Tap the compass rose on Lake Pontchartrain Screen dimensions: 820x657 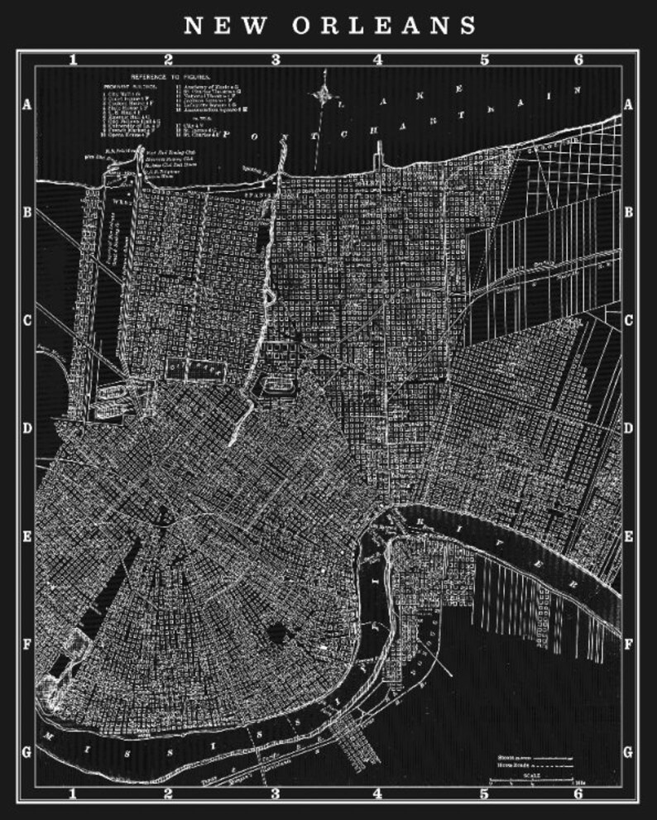322,95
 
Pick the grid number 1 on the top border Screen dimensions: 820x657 73,59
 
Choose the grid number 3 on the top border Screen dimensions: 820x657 276,59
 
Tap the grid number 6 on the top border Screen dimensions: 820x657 579,59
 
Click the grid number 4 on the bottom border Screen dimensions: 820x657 378,795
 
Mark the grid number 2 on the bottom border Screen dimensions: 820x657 168,795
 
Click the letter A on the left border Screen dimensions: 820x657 26,105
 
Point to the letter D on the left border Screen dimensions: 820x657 26,429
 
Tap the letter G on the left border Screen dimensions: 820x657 26,752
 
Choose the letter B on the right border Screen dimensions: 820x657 628,213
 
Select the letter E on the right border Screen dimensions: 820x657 628,536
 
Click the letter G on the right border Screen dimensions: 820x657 628,752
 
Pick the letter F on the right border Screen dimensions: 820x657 628,644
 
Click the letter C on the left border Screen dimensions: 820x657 26,320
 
